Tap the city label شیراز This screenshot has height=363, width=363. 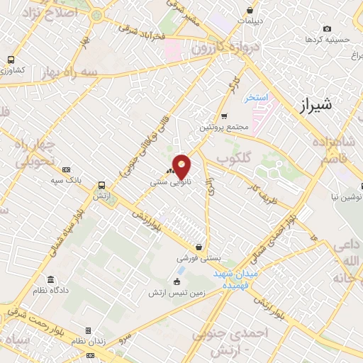click(x=312, y=106)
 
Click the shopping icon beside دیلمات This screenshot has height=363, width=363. click(x=250, y=11)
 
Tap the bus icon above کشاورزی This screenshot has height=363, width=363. click(x=11, y=60)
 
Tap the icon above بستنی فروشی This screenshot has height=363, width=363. click(x=204, y=248)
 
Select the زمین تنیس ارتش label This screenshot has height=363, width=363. click(x=179, y=292)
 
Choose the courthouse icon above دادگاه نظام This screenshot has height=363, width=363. click(x=50, y=280)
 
